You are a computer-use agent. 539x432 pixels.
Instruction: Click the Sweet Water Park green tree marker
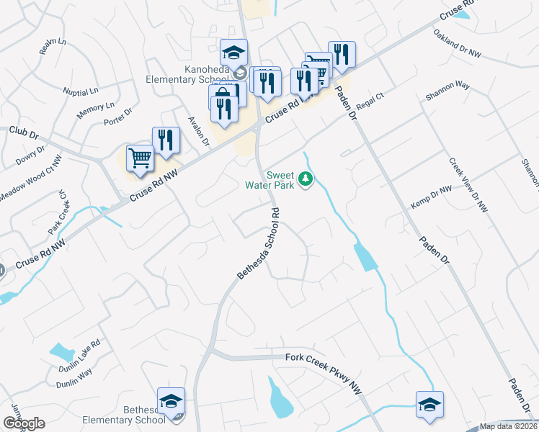(x=306, y=179)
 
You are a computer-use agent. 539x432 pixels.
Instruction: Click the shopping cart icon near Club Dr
(x=140, y=158)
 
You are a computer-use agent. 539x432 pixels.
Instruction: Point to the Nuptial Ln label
(x=80, y=92)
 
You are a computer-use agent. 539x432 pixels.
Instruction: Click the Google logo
(x=24, y=423)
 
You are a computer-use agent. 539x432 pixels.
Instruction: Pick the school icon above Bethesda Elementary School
(x=171, y=400)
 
